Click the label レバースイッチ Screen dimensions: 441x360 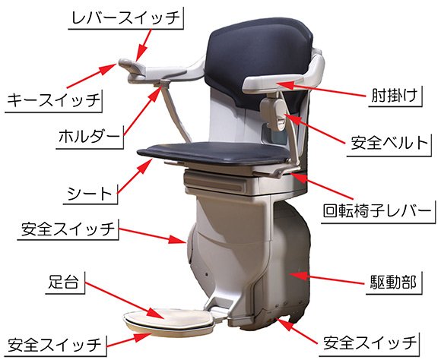pos(125,17)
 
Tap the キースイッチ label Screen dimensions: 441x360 pos(53,100)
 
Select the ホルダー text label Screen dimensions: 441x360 pos(89,137)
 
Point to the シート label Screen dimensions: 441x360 pos(90,194)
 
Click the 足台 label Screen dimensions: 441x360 pos(63,282)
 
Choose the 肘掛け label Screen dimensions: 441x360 pos(394,96)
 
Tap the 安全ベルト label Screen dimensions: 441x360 pos(389,143)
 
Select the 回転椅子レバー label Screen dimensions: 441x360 pos(377,211)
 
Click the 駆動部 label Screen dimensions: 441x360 pos(392,282)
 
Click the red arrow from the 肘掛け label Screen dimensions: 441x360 pos(320,89)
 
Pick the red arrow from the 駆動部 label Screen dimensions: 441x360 pos(325,278)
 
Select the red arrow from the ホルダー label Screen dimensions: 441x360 pos(141,112)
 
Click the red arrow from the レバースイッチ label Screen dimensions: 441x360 pos(144,46)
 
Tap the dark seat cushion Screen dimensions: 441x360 pos(214,153)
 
